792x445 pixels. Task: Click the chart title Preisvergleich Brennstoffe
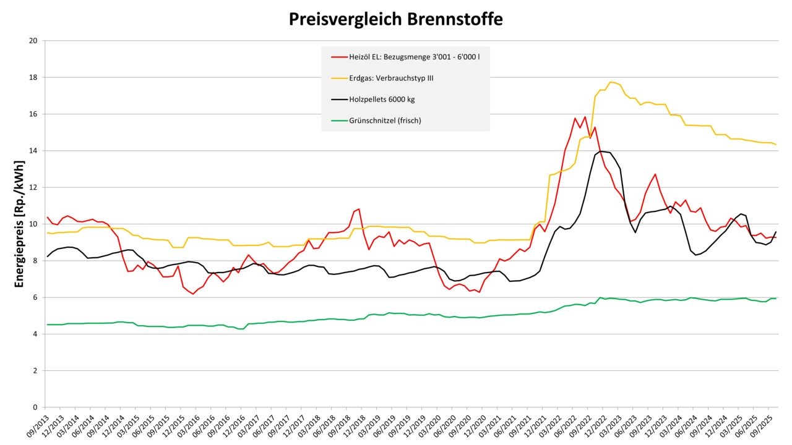pyautogui.click(x=395, y=19)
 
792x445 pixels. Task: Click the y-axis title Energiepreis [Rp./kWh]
pyautogui.click(x=19, y=224)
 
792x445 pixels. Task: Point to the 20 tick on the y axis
pyautogui.click(x=33, y=41)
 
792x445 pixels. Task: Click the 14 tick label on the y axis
pyautogui.click(x=33, y=151)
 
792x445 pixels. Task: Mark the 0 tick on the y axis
pyautogui.click(x=35, y=407)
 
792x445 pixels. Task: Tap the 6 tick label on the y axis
pyautogui.click(x=35, y=297)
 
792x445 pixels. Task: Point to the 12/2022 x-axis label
pyautogui.click(x=600, y=427)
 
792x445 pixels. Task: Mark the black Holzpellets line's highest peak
pyautogui.click(x=601, y=151)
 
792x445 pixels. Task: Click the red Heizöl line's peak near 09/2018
pyautogui.click(x=359, y=209)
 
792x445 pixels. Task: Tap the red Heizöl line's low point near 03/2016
pyautogui.click(x=193, y=294)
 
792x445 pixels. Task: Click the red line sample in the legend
pyautogui.click(x=339, y=56)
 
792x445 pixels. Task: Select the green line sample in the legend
pyautogui.click(x=339, y=121)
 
